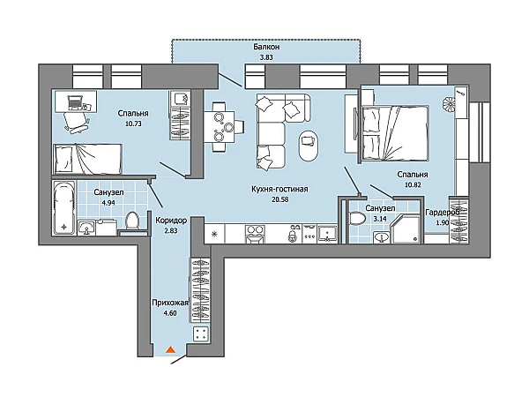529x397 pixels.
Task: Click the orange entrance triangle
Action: coord(171,349)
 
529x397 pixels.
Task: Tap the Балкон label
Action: coord(266,47)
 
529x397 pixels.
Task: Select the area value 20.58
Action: coord(280,199)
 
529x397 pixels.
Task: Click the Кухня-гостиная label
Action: coord(279,189)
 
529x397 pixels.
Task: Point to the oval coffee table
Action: coord(309,146)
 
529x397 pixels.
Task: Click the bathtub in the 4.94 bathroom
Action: coord(64,207)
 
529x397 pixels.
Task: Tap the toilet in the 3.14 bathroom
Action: coord(357,218)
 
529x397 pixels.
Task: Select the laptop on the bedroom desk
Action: coord(75,102)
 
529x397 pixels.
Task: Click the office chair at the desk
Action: coord(77,123)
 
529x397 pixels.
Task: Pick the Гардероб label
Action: coord(442,213)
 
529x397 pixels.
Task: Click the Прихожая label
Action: coord(169,303)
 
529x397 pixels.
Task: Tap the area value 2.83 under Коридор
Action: coord(171,231)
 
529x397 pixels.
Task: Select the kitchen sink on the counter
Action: coord(327,234)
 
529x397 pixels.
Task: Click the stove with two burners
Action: coord(255,234)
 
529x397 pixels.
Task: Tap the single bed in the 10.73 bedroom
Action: coord(87,159)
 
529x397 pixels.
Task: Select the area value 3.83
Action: coord(266,57)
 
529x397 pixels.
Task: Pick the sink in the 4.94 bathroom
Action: coord(86,228)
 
